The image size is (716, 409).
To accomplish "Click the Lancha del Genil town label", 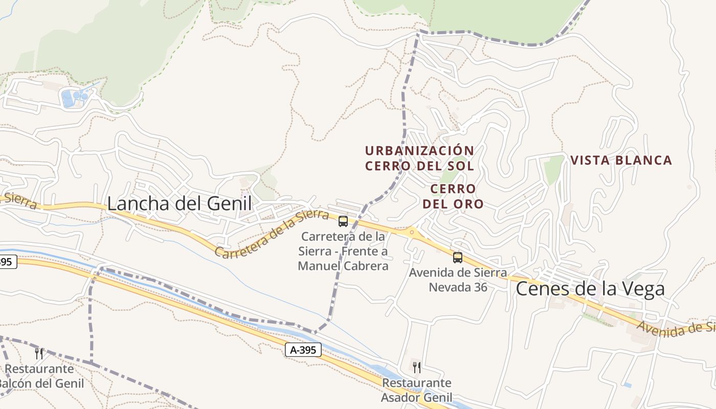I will [179, 203].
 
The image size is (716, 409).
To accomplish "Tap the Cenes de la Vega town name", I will [590, 289].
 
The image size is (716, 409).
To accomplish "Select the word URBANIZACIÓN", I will [419, 151].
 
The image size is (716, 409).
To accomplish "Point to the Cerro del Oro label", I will [453, 196].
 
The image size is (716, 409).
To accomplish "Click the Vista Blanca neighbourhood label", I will [621, 161].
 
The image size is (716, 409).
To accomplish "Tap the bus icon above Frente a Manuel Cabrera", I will [343, 221].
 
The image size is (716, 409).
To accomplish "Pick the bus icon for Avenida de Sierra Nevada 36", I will [458, 257].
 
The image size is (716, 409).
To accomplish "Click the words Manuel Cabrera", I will [343, 266].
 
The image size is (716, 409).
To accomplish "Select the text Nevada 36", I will [458, 287].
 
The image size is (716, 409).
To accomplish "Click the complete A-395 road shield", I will [303, 350].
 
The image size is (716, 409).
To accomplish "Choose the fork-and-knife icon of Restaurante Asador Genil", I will [417, 367].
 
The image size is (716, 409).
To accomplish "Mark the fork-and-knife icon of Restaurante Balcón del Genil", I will [39, 353].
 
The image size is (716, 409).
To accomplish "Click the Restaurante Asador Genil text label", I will [417, 390].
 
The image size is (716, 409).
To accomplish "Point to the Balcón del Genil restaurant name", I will [41, 382].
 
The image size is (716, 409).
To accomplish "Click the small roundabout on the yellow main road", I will [411, 232].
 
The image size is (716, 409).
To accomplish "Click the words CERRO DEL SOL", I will [419, 166].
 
